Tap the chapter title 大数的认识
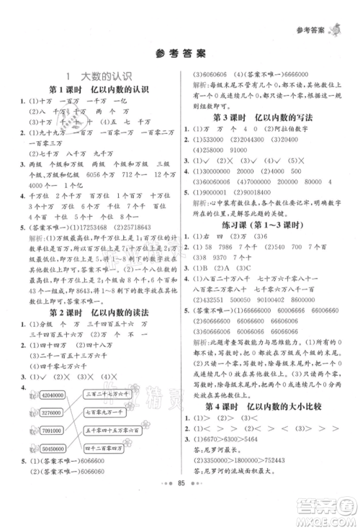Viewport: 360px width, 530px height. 92,76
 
